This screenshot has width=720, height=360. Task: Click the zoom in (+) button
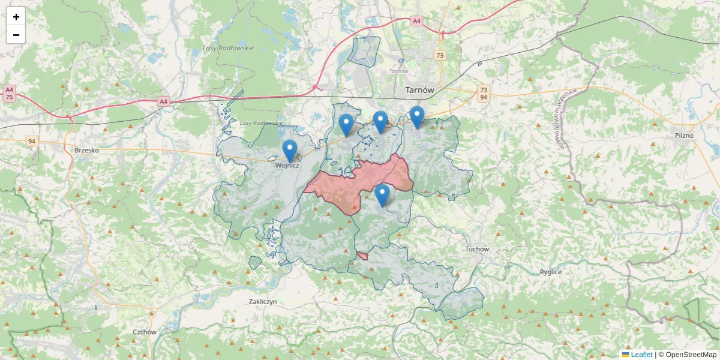tap(16, 17)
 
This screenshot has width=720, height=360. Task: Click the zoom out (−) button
tap(16, 35)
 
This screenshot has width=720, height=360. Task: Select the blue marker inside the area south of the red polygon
tap(382, 195)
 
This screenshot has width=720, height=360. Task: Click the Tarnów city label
tap(419, 90)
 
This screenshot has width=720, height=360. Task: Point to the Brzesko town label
tap(86, 150)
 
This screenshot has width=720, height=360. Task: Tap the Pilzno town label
tap(683, 136)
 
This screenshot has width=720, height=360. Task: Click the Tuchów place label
tap(477, 249)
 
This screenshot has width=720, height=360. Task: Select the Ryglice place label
tap(550, 272)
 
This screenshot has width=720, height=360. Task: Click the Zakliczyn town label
tap(263, 302)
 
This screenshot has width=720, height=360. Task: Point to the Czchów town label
tap(145, 332)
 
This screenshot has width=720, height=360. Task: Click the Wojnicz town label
tap(287, 165)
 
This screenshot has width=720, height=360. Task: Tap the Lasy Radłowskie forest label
tap(228, 48)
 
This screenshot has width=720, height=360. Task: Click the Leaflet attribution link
tap(641, 355)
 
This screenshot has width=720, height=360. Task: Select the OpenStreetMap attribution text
tap(688, 355)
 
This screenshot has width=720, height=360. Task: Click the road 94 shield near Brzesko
tap(32, 141)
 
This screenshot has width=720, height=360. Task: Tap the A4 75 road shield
tap(9, 93)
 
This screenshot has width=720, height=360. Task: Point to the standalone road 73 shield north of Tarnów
tap(440, 55)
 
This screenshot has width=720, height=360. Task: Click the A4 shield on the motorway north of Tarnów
tap(416, 21)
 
